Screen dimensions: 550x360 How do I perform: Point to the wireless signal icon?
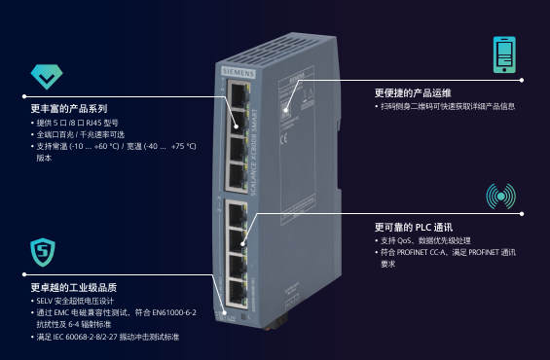[x=501, y=196]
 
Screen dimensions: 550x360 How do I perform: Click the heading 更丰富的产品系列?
[x=69, y=108]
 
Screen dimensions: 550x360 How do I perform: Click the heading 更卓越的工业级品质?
[x=74, y=287]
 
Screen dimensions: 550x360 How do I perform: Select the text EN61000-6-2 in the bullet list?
[x=176, y=312]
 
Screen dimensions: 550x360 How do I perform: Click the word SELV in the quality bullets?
[x=45, y=301]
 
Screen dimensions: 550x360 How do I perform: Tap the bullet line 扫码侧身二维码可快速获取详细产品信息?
[x=447, y=106]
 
